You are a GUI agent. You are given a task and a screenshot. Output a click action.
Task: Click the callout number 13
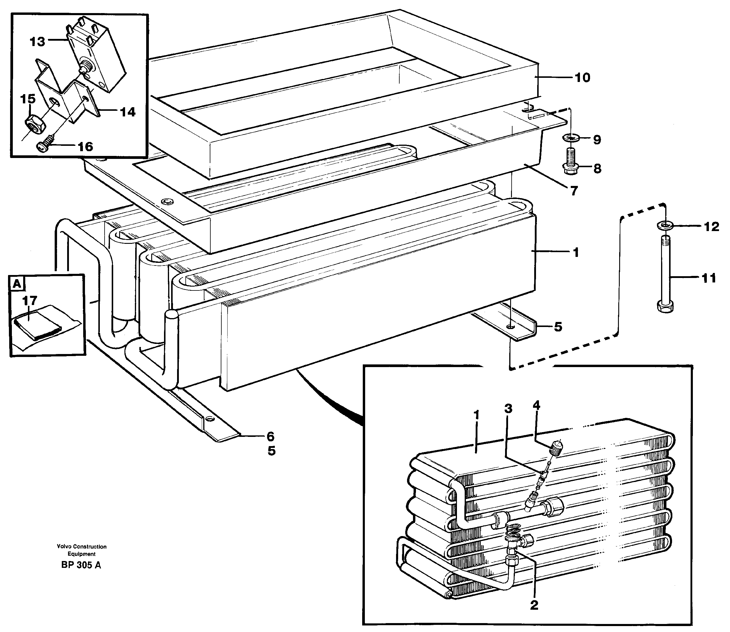click(37, 42)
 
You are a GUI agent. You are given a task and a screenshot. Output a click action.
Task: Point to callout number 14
click(127, 112)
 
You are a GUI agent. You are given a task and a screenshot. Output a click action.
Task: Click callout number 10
click(583, 78)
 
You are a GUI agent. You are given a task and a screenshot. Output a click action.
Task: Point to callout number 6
click(270, 437)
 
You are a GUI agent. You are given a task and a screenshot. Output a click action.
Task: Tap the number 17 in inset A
click(29, 301)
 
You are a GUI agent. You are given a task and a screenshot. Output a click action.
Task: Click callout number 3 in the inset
click(508, 409)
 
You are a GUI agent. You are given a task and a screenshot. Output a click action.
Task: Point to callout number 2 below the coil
click(534, 605)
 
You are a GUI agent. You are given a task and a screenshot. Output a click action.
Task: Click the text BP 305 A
click(81, 565)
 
